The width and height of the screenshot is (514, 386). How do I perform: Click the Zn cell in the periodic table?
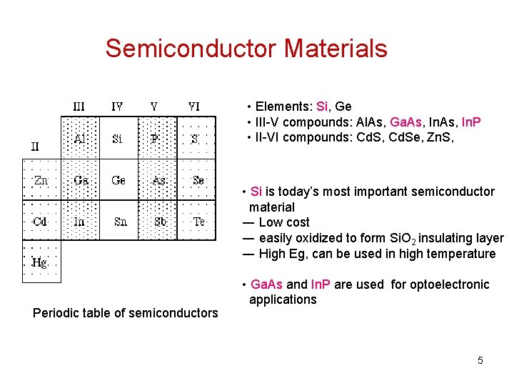41,180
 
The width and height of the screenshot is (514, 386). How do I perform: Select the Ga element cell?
81,180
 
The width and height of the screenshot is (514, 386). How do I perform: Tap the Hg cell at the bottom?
41,262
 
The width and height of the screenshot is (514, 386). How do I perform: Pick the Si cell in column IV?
118,139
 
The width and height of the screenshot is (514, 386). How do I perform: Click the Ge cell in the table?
119,180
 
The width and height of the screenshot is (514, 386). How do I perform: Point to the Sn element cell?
120,222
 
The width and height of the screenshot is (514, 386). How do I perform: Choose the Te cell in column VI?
198,222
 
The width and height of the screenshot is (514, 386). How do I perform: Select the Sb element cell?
160,222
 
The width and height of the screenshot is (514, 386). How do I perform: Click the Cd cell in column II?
41,222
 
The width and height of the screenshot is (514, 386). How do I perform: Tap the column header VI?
193,107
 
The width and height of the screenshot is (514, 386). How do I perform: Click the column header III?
79,107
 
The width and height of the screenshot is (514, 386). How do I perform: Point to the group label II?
35,147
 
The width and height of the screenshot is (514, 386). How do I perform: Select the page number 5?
480,360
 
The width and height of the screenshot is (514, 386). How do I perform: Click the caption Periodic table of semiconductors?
126,312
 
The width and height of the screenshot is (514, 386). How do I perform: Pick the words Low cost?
284,222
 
